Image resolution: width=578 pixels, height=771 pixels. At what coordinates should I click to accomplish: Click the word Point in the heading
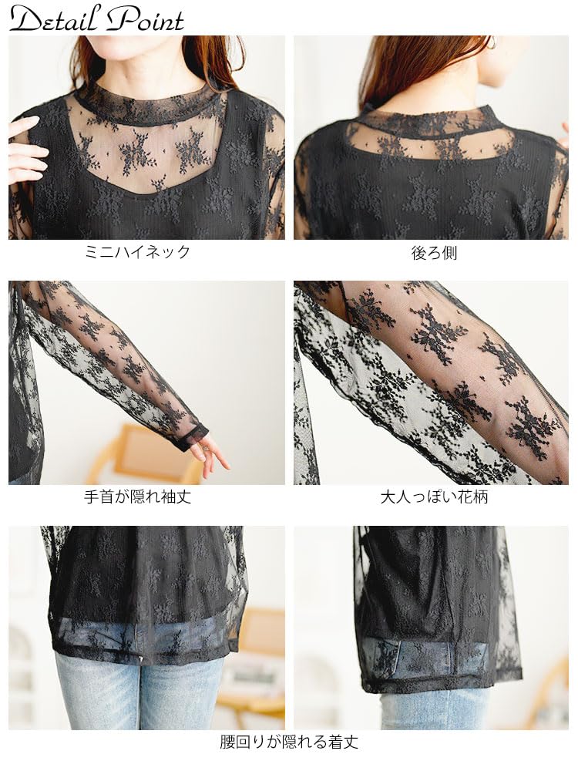coord(146,19)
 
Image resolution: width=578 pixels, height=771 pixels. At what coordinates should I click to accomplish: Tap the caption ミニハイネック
coord(137,252)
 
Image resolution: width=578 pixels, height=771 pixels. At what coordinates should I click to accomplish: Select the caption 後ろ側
coord(434,252)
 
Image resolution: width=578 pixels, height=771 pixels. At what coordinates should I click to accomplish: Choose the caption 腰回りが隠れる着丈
coord(289,742)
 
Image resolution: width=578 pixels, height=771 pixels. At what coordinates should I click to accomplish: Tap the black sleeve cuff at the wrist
coord(193,436)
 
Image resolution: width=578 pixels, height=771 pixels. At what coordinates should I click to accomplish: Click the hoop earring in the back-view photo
coord(491,44)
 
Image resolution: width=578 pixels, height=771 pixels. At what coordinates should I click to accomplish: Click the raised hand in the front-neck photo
coord(25,150)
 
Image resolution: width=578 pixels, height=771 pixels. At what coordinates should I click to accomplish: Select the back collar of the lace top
coord(432,120)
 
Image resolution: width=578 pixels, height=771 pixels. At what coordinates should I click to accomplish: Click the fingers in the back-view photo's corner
coord(564,135)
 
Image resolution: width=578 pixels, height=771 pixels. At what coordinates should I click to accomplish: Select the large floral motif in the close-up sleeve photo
coord(439,332)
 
